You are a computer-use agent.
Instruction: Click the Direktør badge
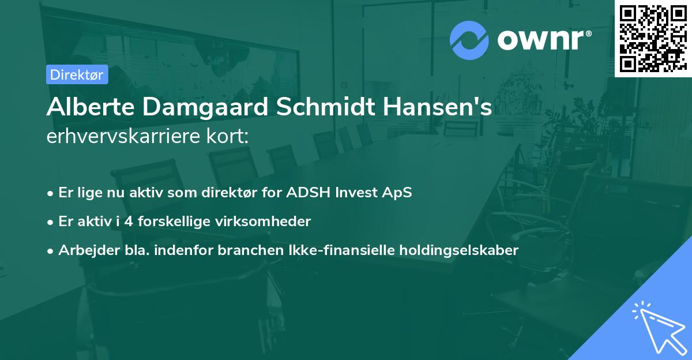point(77,74)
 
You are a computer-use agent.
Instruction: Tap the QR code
point(653,38)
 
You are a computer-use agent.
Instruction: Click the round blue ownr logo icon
point(469,40)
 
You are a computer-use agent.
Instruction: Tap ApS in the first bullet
point(398,193)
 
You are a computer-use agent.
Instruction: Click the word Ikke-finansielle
point(343,250)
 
